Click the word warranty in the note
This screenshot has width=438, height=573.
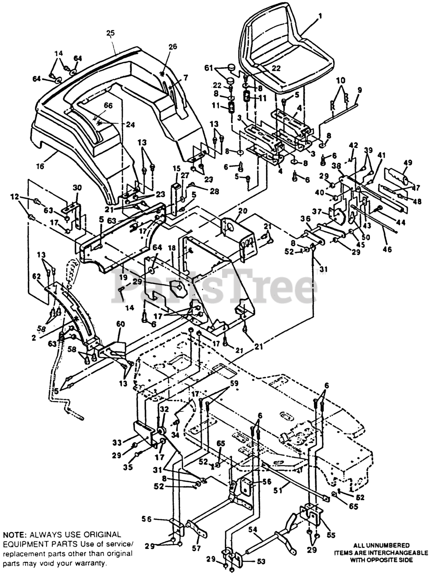[x=90, y=563]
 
